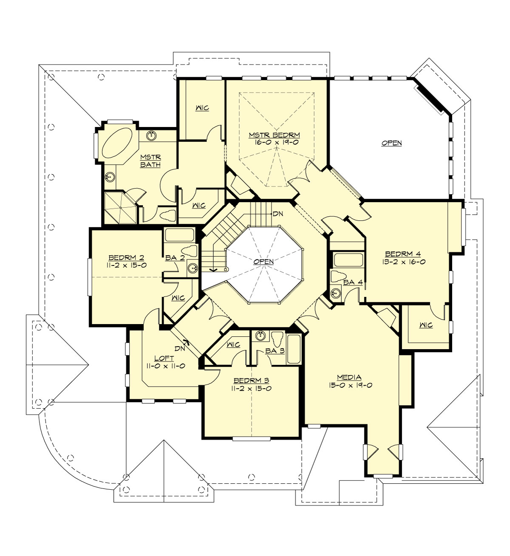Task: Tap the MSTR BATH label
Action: pos(150,161)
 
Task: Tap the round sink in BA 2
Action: pos(193,268)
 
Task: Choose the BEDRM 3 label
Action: pos(250,381)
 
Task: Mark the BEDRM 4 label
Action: pos(404,254)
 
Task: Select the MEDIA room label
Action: pos(349,377)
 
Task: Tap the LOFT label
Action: pos(161,358)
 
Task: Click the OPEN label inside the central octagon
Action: pos(263,262)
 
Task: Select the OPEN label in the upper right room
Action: pos(391,143)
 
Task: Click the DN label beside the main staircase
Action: pos(278,214)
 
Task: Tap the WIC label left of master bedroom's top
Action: pos(202,108)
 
